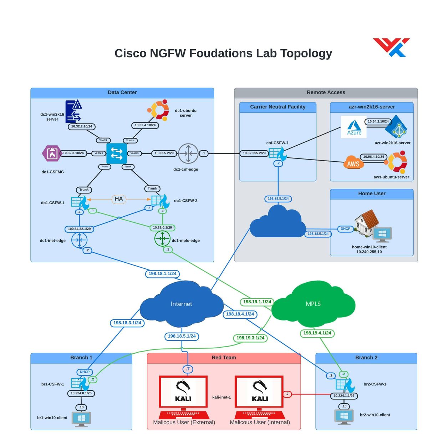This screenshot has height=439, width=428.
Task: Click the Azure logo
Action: (x=354, y=127)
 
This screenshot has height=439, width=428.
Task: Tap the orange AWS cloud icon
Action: (x=353, y=162)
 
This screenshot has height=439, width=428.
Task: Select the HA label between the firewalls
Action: (x=119, y=199)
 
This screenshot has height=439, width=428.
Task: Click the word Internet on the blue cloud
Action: (x=181, y=304)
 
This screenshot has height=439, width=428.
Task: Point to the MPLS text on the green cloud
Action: (x=313, y=304)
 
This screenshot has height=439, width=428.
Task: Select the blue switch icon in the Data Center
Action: (x=117, y=153)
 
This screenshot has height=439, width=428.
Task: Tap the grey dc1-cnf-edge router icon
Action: (x=188, y=153)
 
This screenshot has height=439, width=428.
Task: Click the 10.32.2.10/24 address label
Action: (x=82, y=126)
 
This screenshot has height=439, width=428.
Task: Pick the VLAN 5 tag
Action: (x=134, y=153)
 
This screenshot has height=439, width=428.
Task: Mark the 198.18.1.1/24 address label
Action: (x=162, y=274)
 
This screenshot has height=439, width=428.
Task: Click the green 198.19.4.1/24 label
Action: (x=317, y=333)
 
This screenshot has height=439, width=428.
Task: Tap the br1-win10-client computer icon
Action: (x=81, y=419)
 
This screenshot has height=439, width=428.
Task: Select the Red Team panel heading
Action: (x=224, y=358)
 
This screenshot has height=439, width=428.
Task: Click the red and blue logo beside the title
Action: (x=392, y=47)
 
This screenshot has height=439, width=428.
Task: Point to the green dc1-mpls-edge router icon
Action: (x=162, y=238)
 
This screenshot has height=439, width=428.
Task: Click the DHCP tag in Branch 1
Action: (x=85, y=372)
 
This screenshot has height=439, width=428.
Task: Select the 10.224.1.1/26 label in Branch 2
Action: (x=344, y=396)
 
